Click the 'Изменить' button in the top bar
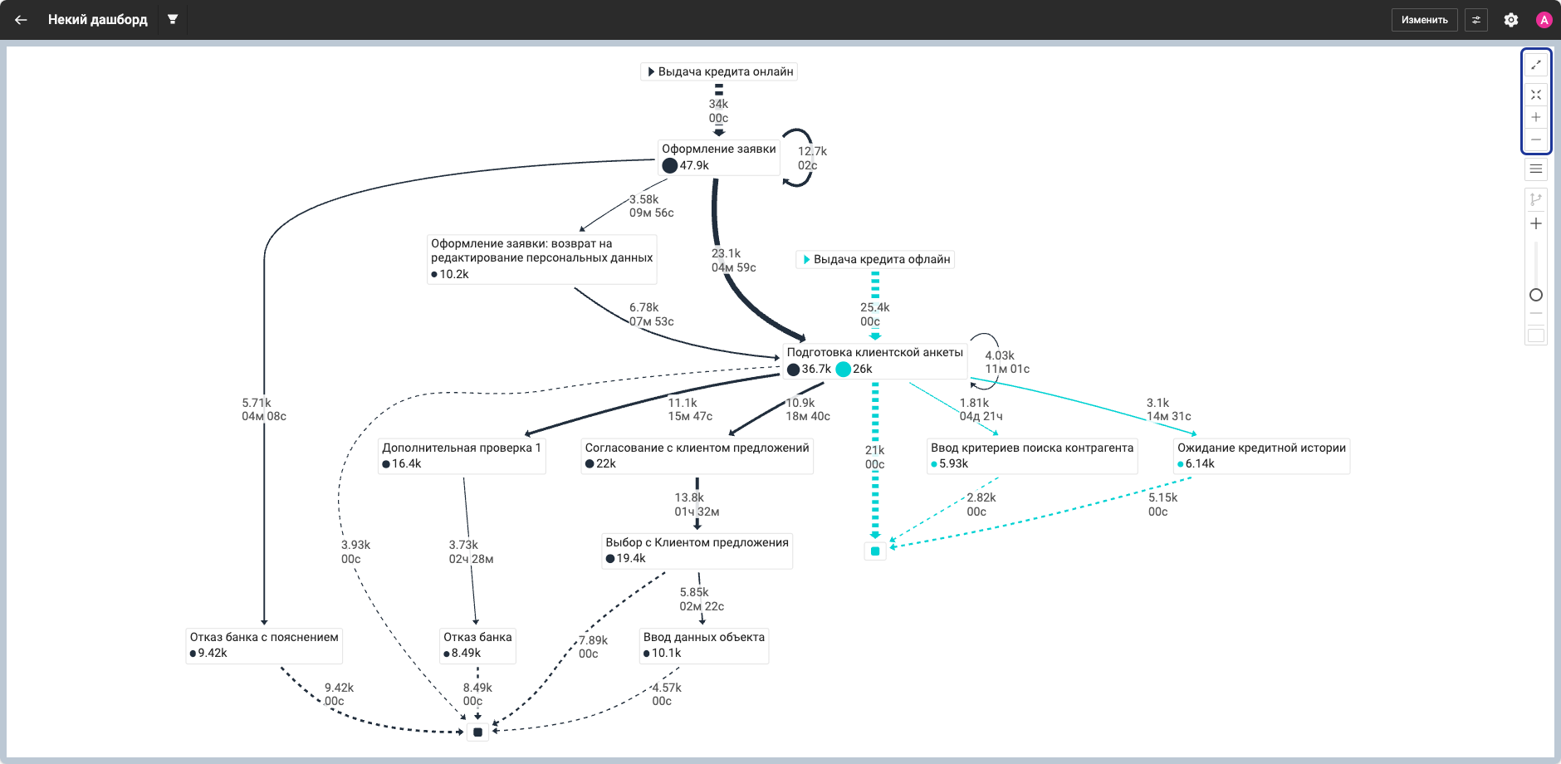[x=1424, y=20]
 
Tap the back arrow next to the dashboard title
[x=21, y=20]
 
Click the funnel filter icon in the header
[x=173, y=19]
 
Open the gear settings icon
[x=1511, y=20]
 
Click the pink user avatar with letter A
[x=1544, y=20]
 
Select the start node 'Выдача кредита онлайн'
[x=719, y=71]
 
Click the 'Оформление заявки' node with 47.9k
[x=719, y=157]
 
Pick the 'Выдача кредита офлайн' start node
[x=875, y=259]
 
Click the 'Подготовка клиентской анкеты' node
[x=875, y=360]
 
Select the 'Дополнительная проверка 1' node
[x=462, y=456]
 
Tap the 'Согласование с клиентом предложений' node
[x=697, y=456]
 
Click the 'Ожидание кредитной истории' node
[x=1262, y=456]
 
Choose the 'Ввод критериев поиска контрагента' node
[x=1032, y=456]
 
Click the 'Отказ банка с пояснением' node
[x=264, y=645]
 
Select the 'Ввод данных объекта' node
[x=704, y=645]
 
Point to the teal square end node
[x=875, y=551]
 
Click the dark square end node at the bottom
[x=477, y=732]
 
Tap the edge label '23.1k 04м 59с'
[x=734, y=261]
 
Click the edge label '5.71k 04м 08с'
[x=264, y=409]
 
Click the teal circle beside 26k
[x=844, y=370]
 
